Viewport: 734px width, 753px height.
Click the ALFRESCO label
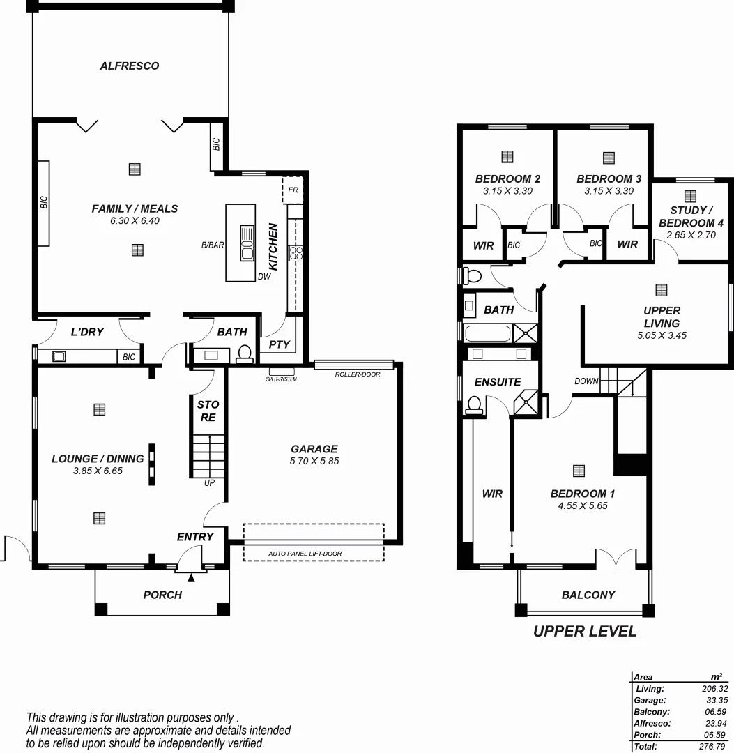click(x=129, y=66)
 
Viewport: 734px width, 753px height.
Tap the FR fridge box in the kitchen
click(x=293, y=190)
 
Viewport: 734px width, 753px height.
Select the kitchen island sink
click(x=247, y=243)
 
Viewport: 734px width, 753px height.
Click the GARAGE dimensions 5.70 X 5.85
click(x=314, y=461)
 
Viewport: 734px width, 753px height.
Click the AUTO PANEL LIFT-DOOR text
click(x=305, y=554)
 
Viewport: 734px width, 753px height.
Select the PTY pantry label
click(x=279, y=344)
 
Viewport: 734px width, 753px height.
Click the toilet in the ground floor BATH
click(x=245, y=355)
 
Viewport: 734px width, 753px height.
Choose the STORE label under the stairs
click(x=208, y=411)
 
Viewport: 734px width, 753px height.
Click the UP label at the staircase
click(x=209, y=482)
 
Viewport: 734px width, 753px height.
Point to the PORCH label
click(x=162, y=595)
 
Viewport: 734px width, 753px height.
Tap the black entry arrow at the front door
click(x=192, y=576)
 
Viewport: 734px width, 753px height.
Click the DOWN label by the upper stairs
click(x=586, y=381)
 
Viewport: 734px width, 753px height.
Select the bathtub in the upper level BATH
click(x=487, y=333)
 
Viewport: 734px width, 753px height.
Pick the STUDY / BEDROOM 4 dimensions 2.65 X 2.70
click(x=691, y=236)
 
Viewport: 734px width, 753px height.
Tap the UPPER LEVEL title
click(x=585, y=632)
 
